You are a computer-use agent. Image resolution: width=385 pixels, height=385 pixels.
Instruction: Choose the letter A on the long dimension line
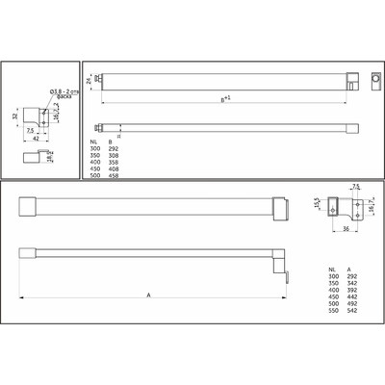(x=149, y=295)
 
